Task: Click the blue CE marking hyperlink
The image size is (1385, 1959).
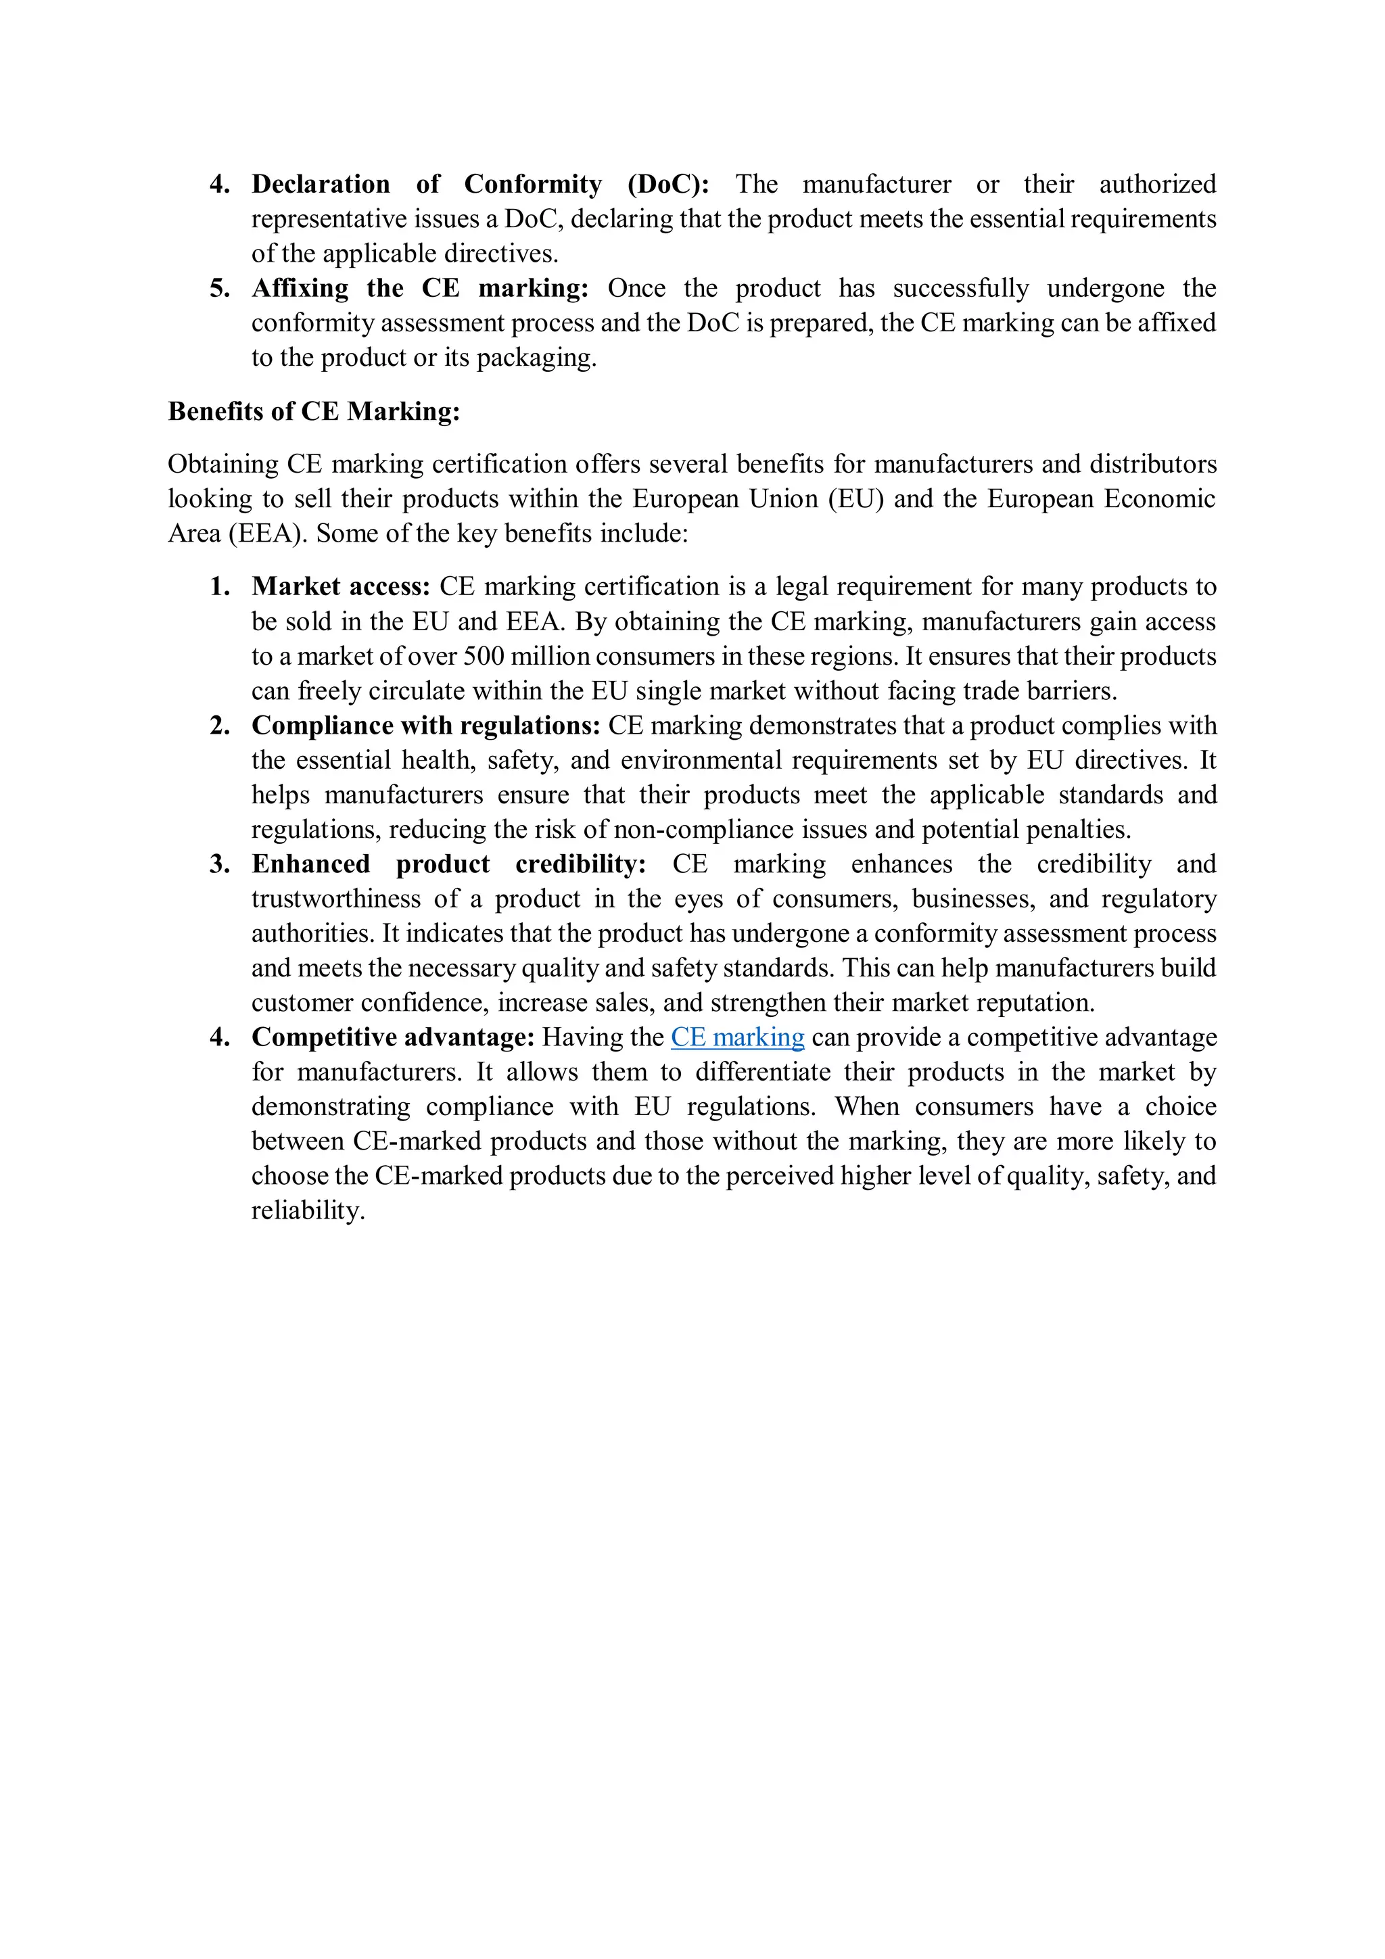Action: pyautogui.click(x=737, y=1037)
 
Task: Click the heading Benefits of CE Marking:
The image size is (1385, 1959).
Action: pyautogui.click(x=313, y=411)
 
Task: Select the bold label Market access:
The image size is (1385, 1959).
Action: pyautogui.click(x=340, y=586)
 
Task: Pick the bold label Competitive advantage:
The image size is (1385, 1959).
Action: pyautogui.click(x=392, y=1037)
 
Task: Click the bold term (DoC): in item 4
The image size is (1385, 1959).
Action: pyautogui.click(x=668, y=185)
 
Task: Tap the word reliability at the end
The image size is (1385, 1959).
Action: pyautogui.click(x=307, y=1210)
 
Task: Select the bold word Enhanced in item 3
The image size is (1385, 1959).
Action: pyautogui.click(x=310, y=864)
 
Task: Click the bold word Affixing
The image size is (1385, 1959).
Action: pyautogui.click(x=300, y=288)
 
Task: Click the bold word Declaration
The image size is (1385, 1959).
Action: pyautogui.click(x=321, y=185)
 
